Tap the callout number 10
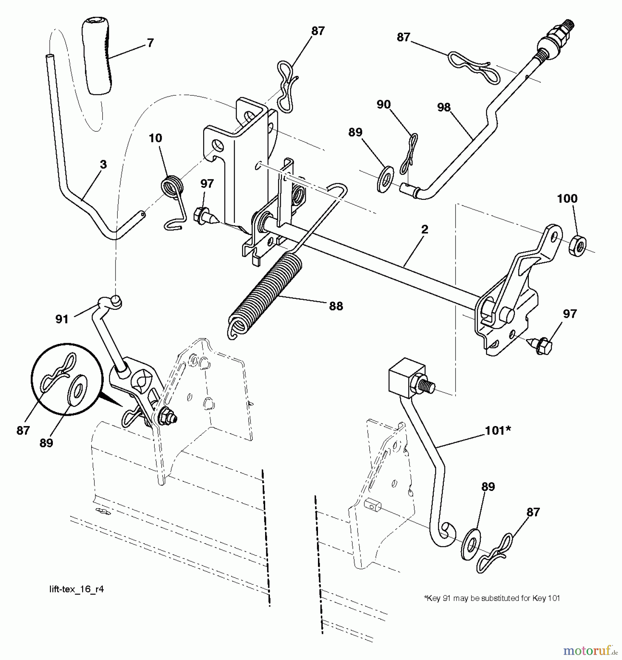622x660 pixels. pos(155,138)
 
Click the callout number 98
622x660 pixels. pos(444,107)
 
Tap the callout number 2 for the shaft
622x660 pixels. pos(425,230)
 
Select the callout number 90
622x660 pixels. pos(384,104)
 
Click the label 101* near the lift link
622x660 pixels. pos(498,430)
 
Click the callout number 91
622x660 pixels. pos(62,319)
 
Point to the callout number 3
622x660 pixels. pos(103,164)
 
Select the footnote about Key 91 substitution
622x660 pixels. pos(492,598)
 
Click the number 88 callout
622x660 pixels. pos(336,306)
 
